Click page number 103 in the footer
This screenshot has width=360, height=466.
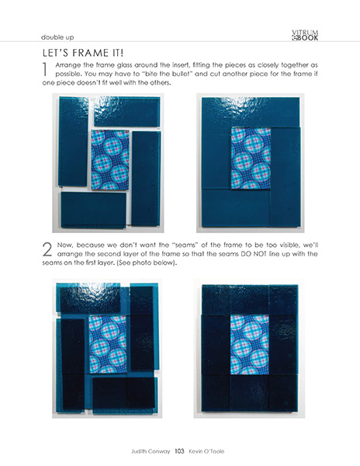178,450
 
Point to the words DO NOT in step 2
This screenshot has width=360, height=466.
248,255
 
